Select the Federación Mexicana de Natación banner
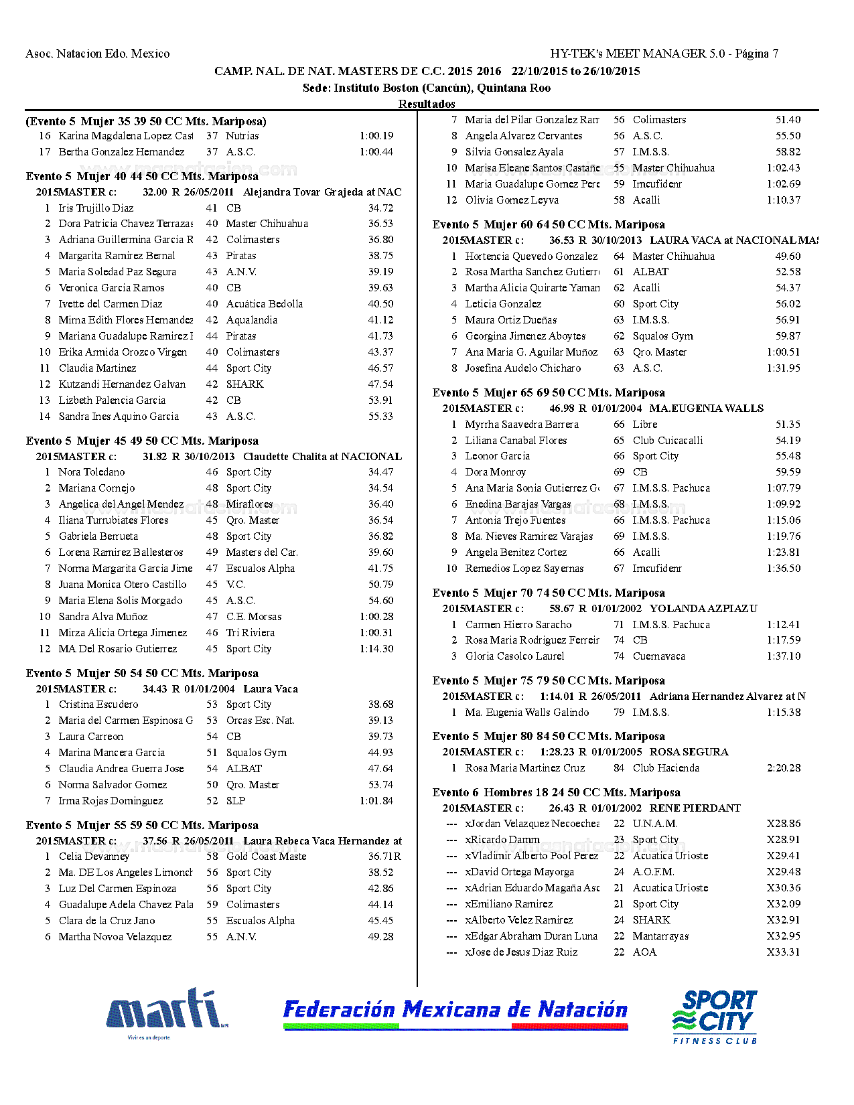(x=455, y=1013)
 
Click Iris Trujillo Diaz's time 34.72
(x=380, y=208)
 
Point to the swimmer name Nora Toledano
(x=92, y=472)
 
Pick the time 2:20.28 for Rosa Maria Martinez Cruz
(x=783, y=768)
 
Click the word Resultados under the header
(x=427, y=104)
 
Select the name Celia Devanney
(x=94, y=857)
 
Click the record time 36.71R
(x=384, y=857)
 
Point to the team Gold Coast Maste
(x=266, y=857)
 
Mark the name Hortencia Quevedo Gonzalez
(x=531, y=256)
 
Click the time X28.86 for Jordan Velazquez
(x=783, y=824)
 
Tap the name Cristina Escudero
(x=98, y=705)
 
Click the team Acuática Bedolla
(x=265, y=304)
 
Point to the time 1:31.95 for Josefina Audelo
(x=783, y=368)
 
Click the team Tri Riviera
(x=251, y=633)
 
